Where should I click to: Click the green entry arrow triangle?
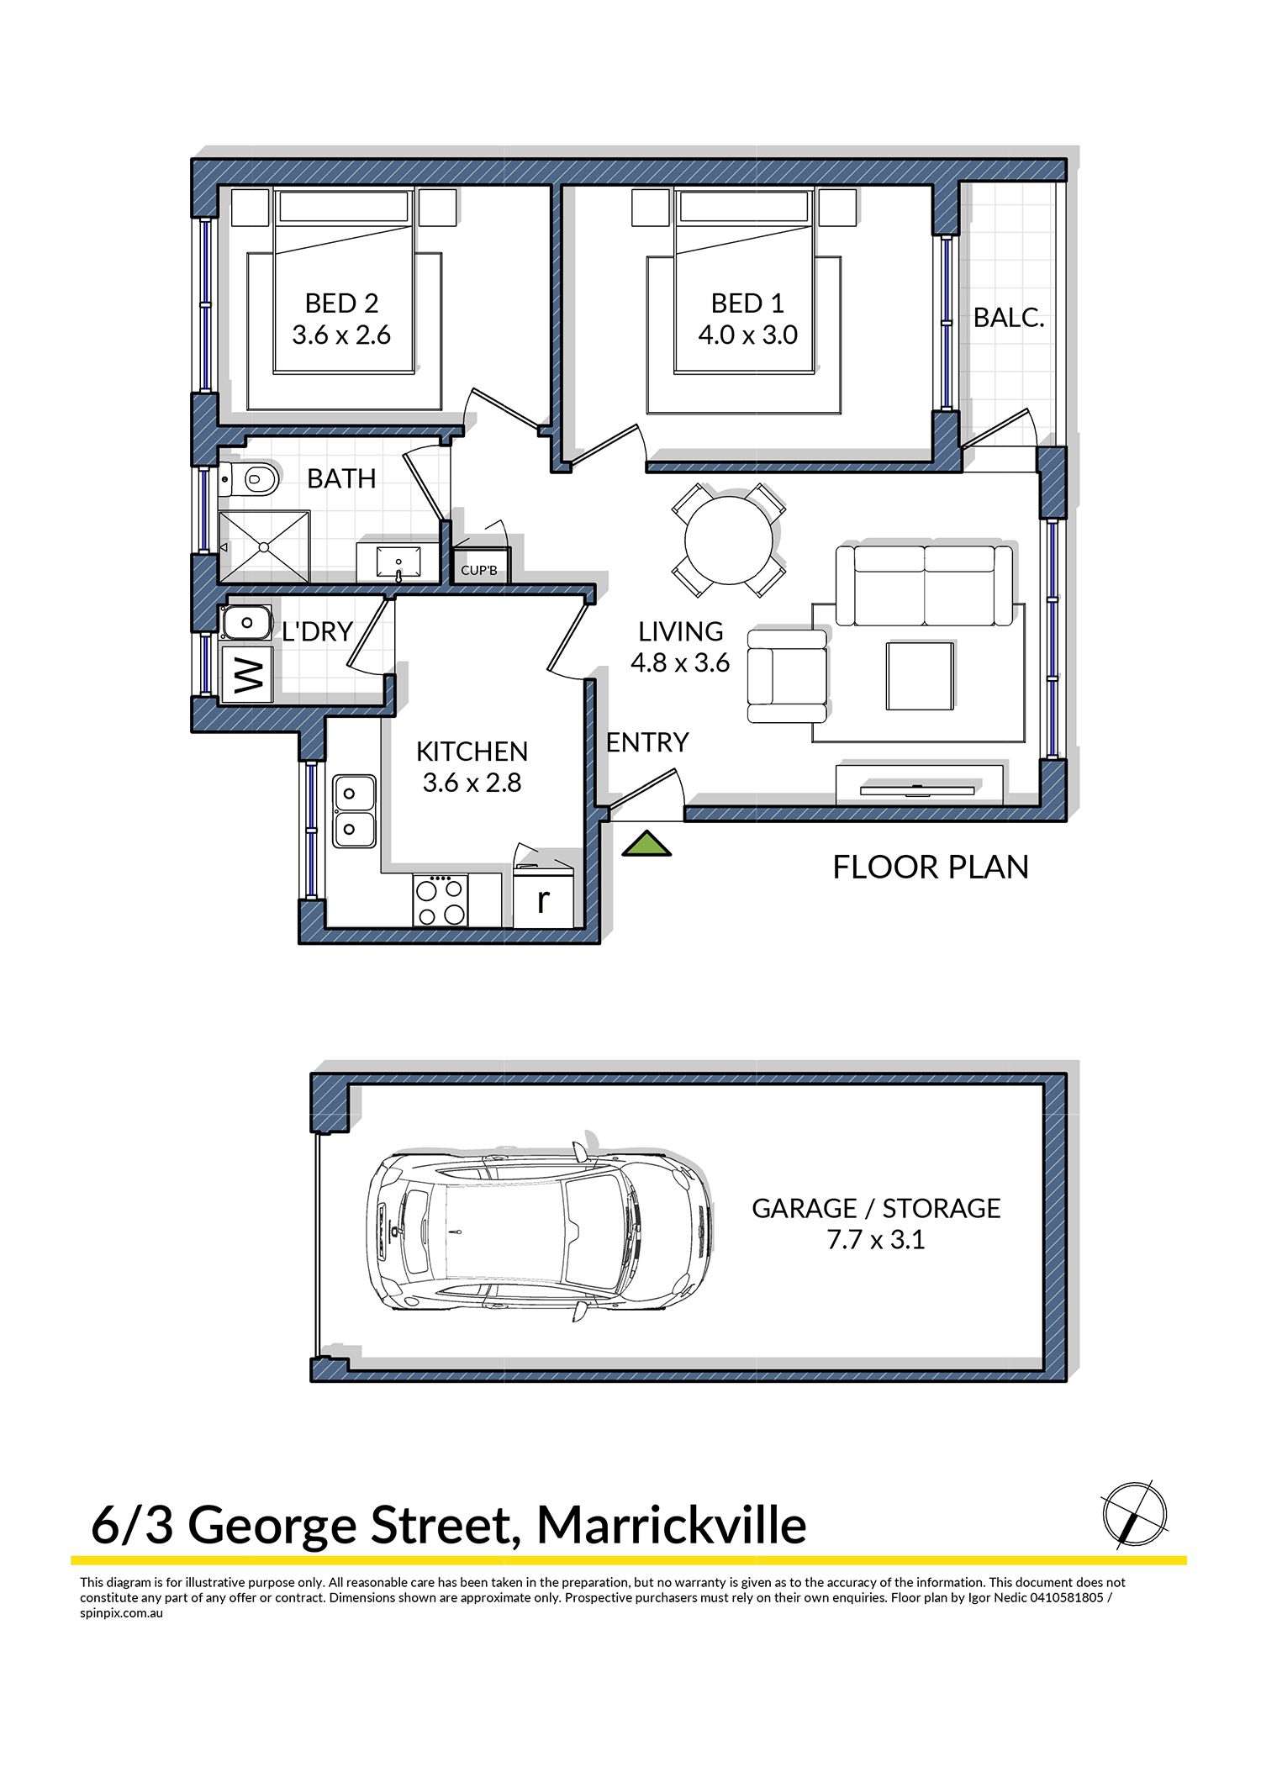646,844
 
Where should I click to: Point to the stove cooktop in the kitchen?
441,900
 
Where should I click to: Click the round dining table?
729,541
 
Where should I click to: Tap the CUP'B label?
479,571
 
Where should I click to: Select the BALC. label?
1009,318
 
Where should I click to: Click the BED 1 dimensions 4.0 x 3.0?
747,335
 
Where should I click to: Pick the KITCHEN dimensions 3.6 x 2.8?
472,783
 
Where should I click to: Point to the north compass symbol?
1135,1515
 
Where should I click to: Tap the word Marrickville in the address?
672,1526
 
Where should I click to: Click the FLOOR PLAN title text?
931,867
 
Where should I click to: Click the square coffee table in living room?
920,676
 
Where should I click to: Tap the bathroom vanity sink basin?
398,559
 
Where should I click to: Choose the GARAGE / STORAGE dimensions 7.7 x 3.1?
876,1239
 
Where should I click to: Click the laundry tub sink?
246,623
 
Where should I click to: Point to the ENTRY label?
647,742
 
